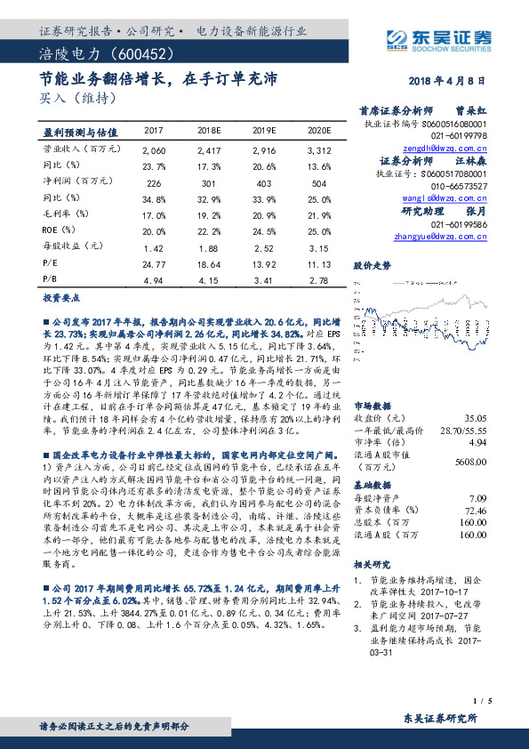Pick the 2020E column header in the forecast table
tap(317, 130)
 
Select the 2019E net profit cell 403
tap(266, 182)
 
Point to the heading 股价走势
tap(373, 265)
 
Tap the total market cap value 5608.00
tap(469, 462)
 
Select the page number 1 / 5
tap(481, 701)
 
